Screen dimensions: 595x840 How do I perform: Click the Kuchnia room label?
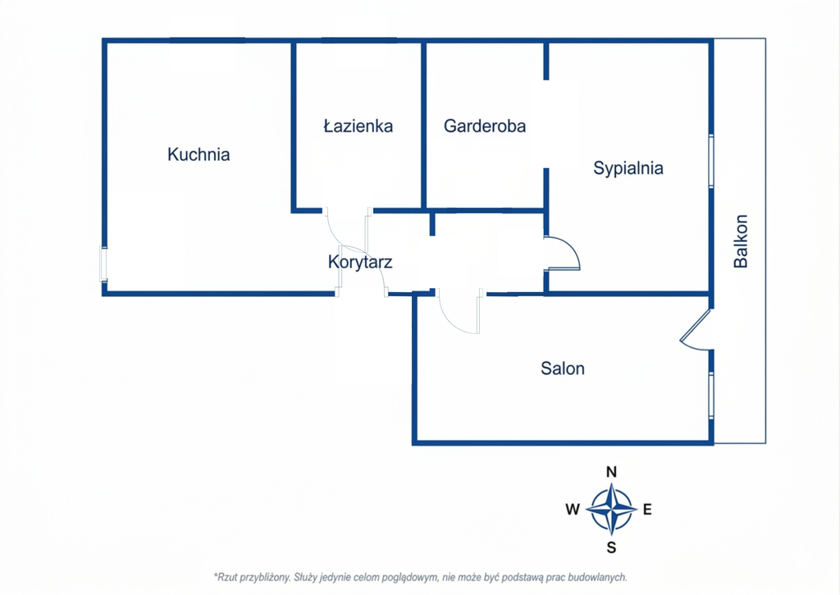click(199, 154)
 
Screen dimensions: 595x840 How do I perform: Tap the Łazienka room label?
click(358, 126)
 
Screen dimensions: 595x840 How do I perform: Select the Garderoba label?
click(485, 126)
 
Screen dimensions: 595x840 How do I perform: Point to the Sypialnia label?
click(628, 169)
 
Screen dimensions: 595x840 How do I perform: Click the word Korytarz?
click(359, 263)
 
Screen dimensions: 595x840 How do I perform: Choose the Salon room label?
click(563, 368)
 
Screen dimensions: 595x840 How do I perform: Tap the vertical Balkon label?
click(742, 241)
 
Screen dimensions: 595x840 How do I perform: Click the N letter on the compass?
click(611, 472)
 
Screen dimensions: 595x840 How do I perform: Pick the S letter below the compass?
click(611, 547)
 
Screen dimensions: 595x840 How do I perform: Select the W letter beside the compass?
click(572, 510)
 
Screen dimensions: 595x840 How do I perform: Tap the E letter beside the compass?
click(647, 510)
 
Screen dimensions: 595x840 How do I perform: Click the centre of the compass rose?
click(611, 510)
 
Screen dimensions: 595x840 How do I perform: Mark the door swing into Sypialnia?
click(564, 254)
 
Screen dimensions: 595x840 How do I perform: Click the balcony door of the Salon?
click(696, 330)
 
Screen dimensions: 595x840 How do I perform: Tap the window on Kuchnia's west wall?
click(104, 264)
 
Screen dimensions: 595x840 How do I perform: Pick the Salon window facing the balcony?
click(711, 396)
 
